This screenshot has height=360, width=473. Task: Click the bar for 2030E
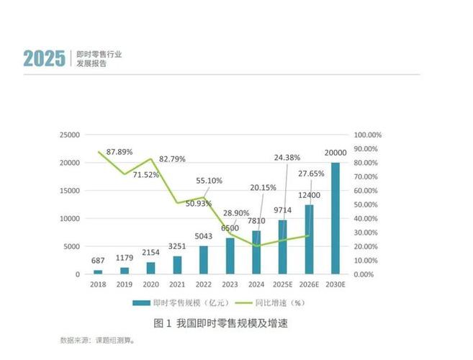coord(335,218)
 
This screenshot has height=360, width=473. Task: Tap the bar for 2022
coord(203,260)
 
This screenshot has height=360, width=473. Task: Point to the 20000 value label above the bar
coord(335,153)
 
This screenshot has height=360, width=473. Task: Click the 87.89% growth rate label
coord(121,152)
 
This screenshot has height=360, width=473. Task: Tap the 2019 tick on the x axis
coord(124,284)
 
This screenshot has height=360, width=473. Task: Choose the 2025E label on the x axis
coord(282,284)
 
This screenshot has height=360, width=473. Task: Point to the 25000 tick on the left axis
coord(69,135)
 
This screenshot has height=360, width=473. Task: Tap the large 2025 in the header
coord(44,58)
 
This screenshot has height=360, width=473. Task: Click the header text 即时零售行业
coord(101,53)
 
